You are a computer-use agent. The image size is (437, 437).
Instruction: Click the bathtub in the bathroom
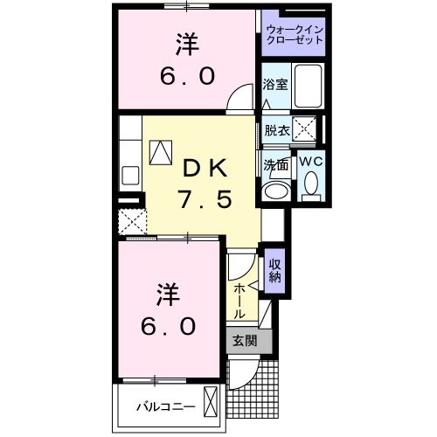point(309,86)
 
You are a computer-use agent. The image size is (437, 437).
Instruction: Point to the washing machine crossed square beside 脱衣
point(305,131)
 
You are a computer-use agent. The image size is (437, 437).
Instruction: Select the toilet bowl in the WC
point(312,184)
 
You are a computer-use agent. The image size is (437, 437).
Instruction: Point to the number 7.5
point(206,199)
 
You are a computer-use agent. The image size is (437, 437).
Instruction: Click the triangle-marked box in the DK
point(162,154)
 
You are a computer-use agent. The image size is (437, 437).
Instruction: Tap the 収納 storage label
point(274,271)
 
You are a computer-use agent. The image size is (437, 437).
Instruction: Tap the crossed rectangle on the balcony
point(212,403)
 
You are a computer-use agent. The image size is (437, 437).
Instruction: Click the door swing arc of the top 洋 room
point(237,101)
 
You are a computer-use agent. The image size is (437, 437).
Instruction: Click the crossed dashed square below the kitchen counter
point(133,219)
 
